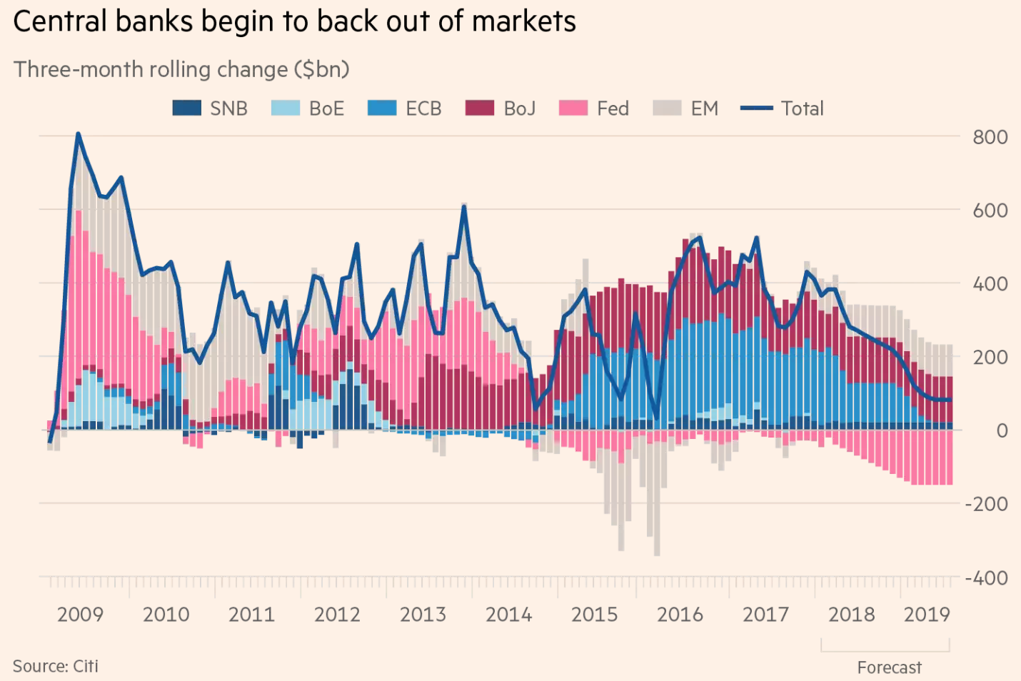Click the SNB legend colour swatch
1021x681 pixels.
coord(186,109)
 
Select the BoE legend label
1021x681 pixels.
coord(326,109)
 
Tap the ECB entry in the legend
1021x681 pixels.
coord(423,109)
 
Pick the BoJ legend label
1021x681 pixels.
coord(519,109)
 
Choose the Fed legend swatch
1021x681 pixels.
coord(573,109)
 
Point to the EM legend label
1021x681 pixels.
coord(704,109)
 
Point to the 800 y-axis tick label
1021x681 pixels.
coord(990,137)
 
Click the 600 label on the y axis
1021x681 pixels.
coord(990,211)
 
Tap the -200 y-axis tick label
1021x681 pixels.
coord(986,504)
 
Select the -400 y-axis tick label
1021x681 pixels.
coord(986,577)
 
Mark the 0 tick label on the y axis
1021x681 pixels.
coord(1002,430)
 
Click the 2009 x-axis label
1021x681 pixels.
coord(80,615)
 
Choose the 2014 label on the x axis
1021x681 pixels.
coord(508,615)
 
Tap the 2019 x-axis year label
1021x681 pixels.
coord(927,615)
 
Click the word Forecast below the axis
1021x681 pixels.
coord(889,667)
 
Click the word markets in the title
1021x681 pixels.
coord(523,21)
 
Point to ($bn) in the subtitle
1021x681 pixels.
coord(321,69)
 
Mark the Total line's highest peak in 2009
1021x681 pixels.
coord(78,133)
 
